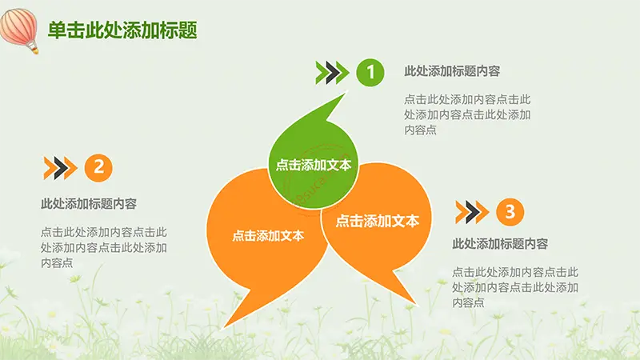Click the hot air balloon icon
click(18, 30)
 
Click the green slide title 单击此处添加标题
click(122, 30)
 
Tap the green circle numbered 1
click(370, 73)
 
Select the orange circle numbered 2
click(98, 168)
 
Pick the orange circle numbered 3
click(510, 212)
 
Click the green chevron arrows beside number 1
click(332, 73)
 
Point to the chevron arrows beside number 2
click(61, 168)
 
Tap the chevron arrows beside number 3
click(472, 212)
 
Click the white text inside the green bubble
click(314, 165)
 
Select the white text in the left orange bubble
click(268, 235)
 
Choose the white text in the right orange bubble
click(378, 221)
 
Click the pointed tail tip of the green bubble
click(346, 93)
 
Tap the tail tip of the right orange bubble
click(417, 305)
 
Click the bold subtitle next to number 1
click(452, 71)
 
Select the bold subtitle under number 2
click(89, 204)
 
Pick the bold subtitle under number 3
click(500, 244)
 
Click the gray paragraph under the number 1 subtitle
click(467, 114)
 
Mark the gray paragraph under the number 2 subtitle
click(104, 247)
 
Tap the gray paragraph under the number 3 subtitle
click(515, 287)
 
